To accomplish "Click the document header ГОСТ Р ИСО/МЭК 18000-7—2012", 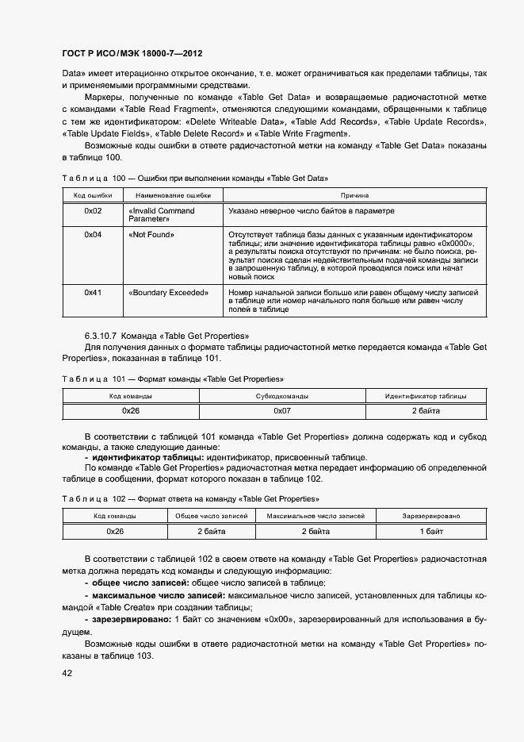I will (132, 54).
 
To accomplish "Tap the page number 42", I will (67, 672).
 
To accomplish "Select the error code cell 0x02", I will (93, 211).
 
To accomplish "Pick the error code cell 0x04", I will (93, 235).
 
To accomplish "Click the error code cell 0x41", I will (93, 293).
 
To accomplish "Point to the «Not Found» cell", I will (151, 235).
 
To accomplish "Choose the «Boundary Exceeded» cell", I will (167, 293).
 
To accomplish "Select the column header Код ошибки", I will (93, 195).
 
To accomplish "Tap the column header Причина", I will (354, 195).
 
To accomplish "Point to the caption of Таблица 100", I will (194, 178).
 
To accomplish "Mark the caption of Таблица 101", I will (172, 379).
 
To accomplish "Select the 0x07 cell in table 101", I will (282, 411).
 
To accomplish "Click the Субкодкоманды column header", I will (282, 396).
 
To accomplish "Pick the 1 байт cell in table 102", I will (430, 531).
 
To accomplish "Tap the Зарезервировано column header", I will (430, 516).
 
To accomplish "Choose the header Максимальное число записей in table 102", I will (316, 516).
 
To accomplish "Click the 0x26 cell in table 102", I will (115, 531).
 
